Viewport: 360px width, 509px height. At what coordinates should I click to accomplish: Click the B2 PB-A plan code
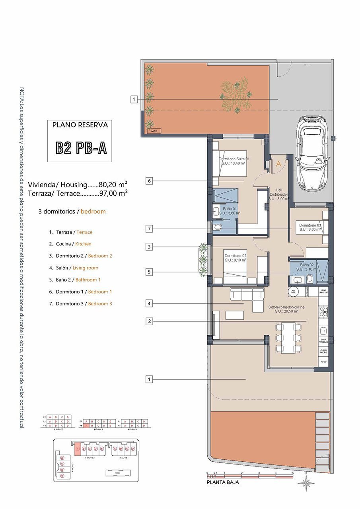(x=81, y=148)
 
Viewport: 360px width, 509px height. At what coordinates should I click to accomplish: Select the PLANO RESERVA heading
(x=80, y=125)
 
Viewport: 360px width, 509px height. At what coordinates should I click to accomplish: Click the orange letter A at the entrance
(x=278, y=163)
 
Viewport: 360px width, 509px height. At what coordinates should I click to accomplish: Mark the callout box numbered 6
(x=149, y=181)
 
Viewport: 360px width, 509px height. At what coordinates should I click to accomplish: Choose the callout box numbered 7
(x=149, y=229)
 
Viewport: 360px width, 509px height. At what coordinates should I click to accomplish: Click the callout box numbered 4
(x=149, y=304)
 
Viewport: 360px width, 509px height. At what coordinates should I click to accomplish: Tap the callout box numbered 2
(x=149, y=321)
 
